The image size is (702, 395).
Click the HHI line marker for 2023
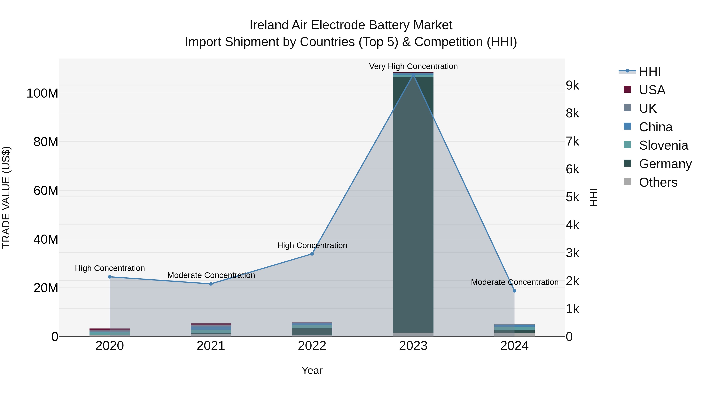pyautogui.click(x=413, y=75)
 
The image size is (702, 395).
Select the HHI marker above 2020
pyautogui.click(x=110, y=277)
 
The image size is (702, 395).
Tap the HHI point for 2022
pyautogui.click(x=312, y=254)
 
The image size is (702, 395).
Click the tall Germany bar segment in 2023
pyautogui.click(x=413, y=204)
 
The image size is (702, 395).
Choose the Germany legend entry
pyautogui.click(x=665, y=164)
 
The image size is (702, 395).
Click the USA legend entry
pyautogui.click(x=652, y=90)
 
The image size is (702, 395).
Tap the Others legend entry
pyautogui.click(x=658, y=182)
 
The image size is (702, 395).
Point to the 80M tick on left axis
pyautogui.click(x=46, y=142)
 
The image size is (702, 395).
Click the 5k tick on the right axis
pyautogui.click(x=572, y=197)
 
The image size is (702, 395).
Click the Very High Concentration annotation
pyautogui.click(x=413, y=66)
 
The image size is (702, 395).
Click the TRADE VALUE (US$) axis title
pyautogui.click(x=6, y=197)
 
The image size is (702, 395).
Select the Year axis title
pyautogui.click(x=312, y=370)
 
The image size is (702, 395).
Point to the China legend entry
pyautogui.click(x=655, y=127)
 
